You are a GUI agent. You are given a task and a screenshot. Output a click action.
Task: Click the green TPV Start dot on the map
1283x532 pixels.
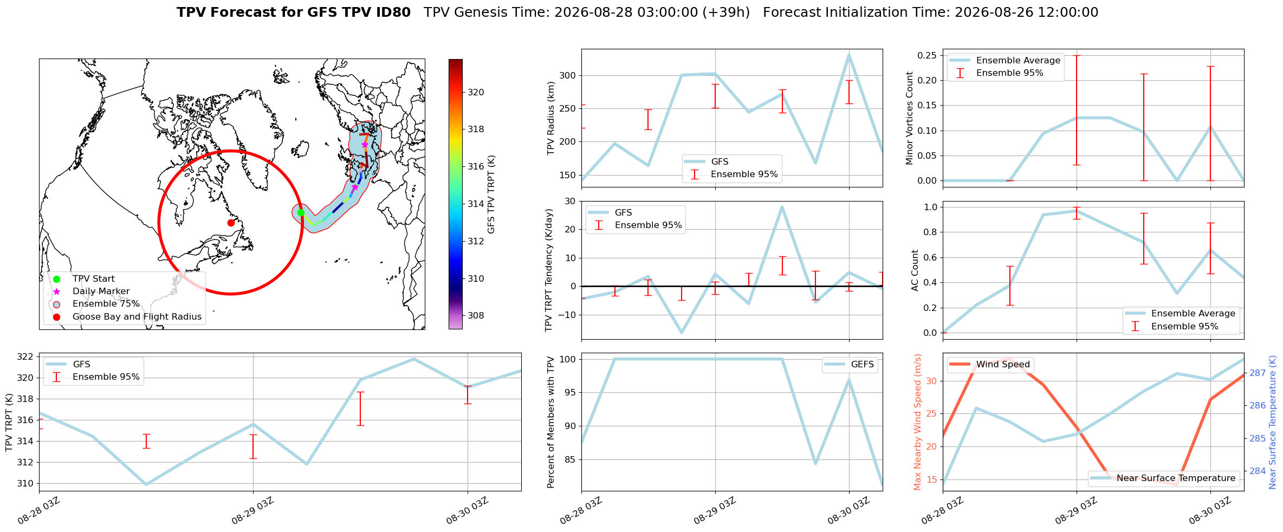[x=301, y=212]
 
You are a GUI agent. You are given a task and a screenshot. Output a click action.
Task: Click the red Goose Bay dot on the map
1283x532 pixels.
[x=231, y=223]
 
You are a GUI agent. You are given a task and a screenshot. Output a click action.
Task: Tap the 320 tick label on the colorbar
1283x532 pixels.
[x=476, y=92]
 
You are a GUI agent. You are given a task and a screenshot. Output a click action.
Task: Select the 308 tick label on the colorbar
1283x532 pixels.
[x=476, y=315]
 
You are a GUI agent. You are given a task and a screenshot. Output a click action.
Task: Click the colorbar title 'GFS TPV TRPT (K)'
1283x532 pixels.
[x=491, y=194]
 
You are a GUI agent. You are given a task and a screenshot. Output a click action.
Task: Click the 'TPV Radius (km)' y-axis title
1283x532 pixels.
[x=552, y=118]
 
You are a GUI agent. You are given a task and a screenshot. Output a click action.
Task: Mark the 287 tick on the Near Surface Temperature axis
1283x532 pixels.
[x=1257, y=373]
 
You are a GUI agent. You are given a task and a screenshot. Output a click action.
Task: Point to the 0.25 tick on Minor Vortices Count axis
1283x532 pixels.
[x=927, y=55]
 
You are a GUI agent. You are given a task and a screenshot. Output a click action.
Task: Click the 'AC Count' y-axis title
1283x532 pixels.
[x=915, y=270]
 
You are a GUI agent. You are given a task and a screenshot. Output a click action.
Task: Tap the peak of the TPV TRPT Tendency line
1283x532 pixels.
[x=782, y=206]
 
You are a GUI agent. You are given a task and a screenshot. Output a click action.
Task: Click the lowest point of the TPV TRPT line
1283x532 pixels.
[x=146, y=484]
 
